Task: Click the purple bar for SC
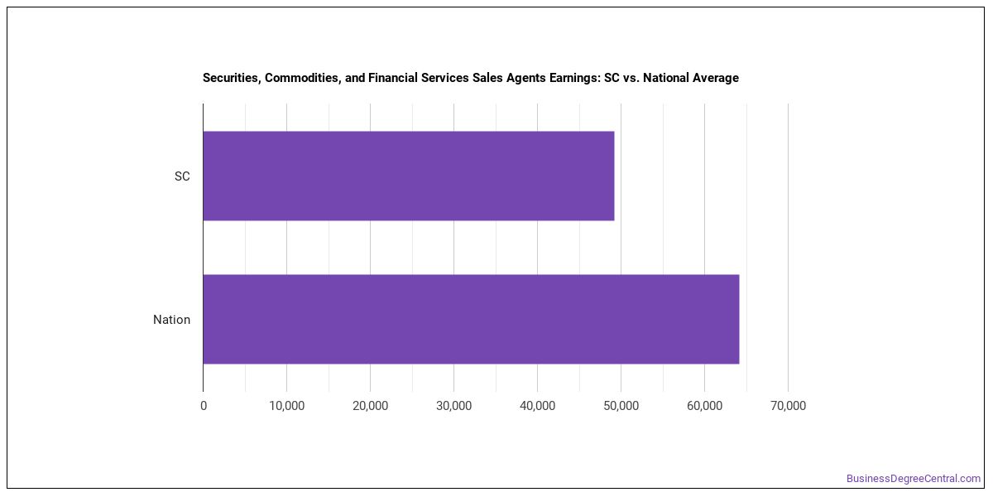[409, 176]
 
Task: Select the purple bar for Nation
[471, 319]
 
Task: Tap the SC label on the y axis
[182, 176]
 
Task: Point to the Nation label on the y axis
[171, 320]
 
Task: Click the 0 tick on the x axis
[204, 406]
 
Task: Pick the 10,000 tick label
[287, 406]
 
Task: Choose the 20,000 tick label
[370, 406]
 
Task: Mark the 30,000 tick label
[454, 406]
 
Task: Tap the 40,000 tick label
[537, 406]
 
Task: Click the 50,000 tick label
[621, 406]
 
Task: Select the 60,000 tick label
[704, 406]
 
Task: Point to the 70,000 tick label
[788, 406]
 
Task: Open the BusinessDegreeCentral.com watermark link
[914, 479]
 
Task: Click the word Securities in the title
[232, 78]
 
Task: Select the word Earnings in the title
[575, 78]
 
